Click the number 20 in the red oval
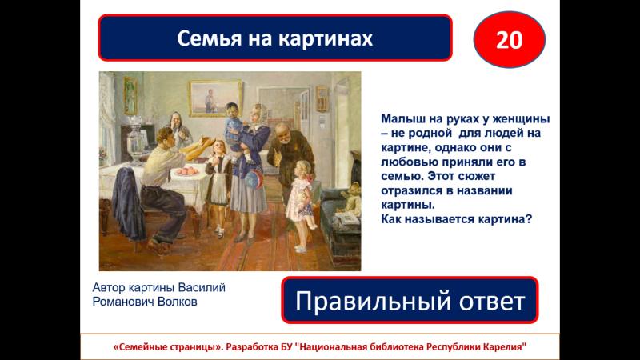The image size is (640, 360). (509, 40)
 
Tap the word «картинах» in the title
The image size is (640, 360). (326, 38)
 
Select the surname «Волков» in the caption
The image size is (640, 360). (177, 302)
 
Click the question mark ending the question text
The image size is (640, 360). (530, 219)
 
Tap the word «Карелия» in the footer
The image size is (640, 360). (505, 347)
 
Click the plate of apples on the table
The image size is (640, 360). (188, 171)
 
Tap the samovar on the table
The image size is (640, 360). (134, 138)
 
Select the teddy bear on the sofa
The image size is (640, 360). (352, 198)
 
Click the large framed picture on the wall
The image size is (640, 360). (215, 98)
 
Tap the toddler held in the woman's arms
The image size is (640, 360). (236, 130)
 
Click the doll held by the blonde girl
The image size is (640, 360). (306, 208)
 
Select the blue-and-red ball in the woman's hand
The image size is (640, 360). (254, 179)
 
